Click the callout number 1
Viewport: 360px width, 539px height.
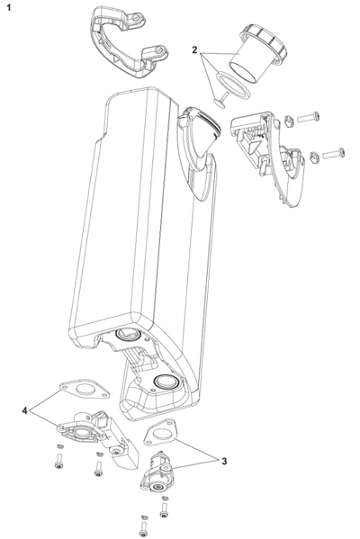[9, 7]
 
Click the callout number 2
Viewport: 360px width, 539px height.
[194, 50]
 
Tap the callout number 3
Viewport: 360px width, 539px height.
[224, 461]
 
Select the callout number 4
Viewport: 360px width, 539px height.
[24, 410]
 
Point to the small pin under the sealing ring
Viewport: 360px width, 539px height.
[221, 101]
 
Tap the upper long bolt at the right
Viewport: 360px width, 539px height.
[308, 118]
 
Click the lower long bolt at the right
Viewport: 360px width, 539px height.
[334, 154]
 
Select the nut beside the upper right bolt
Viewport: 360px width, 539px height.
[289, 121]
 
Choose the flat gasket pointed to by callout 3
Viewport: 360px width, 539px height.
[160, 433]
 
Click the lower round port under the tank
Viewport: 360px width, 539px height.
[166, 382]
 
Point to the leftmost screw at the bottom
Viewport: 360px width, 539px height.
[59, 462]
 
